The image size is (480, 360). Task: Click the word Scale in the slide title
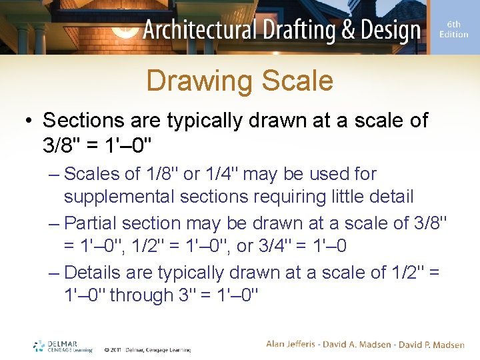coord(297,81)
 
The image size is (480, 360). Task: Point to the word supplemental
coord(120,197)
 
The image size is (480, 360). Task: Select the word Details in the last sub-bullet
coord(92,273)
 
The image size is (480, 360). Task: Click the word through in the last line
coord(141,295)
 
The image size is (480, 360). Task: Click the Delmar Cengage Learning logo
coord(63,345)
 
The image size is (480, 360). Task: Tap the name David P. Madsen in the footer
coord(432,344)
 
